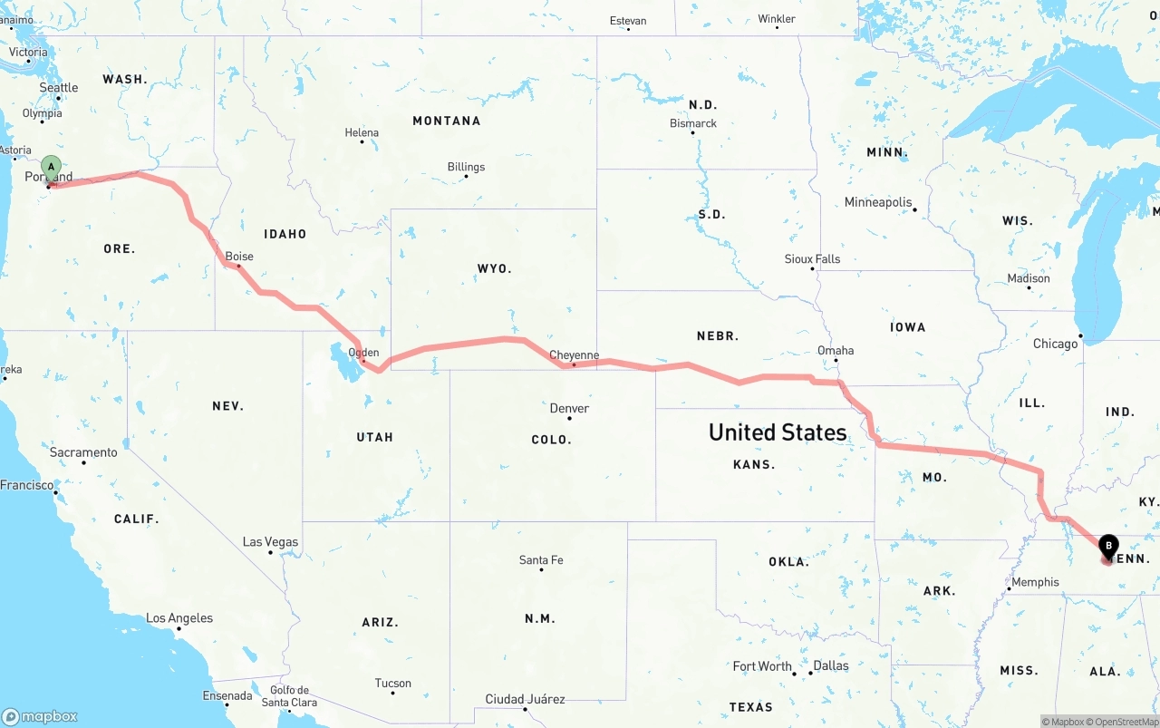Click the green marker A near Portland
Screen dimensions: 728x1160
click(52, 168)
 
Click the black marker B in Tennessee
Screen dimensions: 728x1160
click(1107, 546)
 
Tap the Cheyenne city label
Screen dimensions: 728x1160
click(574, 355)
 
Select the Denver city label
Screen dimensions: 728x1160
click(569, 408)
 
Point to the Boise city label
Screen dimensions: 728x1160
click(239, 257)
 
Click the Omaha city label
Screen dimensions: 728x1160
click(835, 350)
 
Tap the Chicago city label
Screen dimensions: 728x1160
click(1055, 344)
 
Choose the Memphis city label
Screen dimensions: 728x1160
click(1035, 582)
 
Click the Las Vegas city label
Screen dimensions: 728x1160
click(270, 542)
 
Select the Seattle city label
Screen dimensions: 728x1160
click(59, 87)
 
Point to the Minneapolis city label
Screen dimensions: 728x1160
click(877, 202)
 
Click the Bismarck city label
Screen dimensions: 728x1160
click(692, 123)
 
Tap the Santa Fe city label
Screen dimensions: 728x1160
click(541, 560)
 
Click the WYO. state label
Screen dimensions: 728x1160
click(494, 268)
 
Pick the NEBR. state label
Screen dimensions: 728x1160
click(717, 335)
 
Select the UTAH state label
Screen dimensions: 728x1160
click(374, 437)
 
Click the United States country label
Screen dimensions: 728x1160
click(778, 432)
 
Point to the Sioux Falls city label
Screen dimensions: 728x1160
click(812, 259)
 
